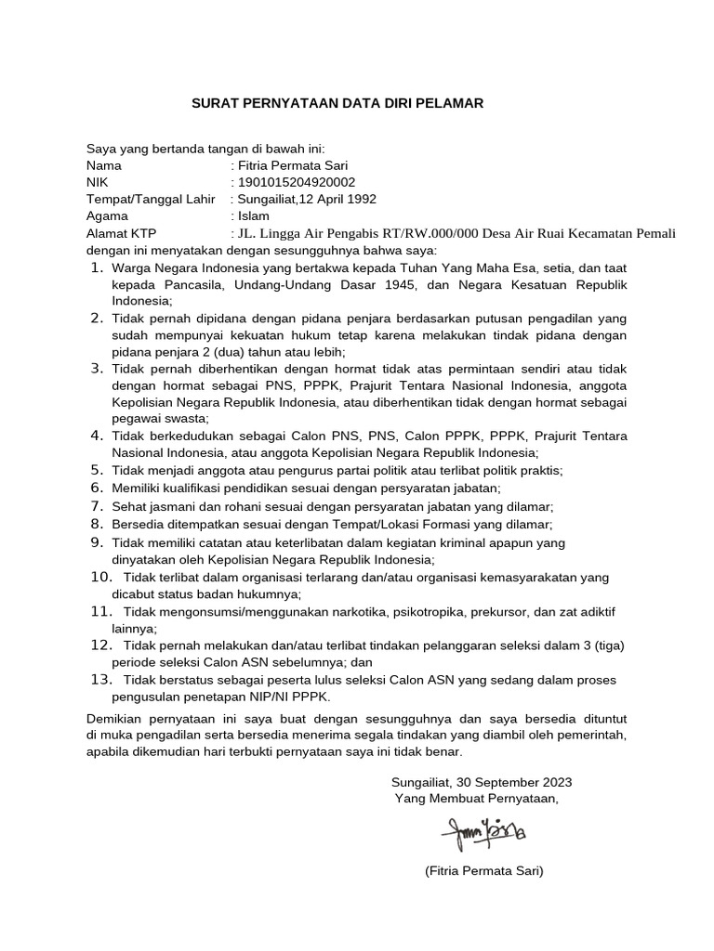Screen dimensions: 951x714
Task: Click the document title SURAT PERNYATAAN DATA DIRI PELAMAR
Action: click(x=337, y=103)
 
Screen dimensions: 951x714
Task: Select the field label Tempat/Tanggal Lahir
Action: click(x=151, y=199)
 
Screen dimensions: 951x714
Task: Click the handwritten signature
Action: click(x=485, y=827)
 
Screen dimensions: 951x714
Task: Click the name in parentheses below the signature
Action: click(x=483, y=872)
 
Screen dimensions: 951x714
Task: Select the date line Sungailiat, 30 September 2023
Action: click(x=482, y=781)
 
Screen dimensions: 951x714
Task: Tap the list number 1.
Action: click(x=97, y=267)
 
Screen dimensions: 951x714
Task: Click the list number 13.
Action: click(x=100, y=679)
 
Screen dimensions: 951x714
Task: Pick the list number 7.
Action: click(x=97, y=506)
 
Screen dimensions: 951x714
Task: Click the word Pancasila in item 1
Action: click(x=185, y=284)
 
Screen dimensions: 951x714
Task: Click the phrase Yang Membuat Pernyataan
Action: click(x=477, y=798)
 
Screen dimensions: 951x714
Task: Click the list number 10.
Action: click(x=100, y=577)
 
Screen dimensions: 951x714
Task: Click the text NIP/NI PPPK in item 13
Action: click(x=283, y=697)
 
